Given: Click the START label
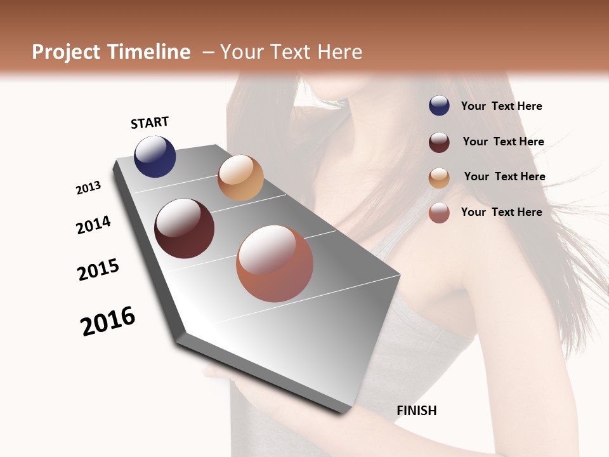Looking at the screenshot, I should (x=150, y=123).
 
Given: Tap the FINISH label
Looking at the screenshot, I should (x=416, y=411).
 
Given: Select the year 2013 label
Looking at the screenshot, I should (x=88, y=187).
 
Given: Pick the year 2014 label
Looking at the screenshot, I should (x=93, y=225).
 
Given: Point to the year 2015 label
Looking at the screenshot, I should (x=98, y=270).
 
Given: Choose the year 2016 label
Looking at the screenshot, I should (x=108, y=321).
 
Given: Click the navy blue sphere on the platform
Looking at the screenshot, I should (x=155, y=156).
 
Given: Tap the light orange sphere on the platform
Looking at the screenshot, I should (x=240, y=178).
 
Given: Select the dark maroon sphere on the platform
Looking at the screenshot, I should (x=184, y=228).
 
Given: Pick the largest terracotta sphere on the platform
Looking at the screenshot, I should (x=275, y=263).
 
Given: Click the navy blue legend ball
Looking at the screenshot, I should (x=439, y=105).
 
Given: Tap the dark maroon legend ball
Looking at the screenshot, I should (x=439, y=142).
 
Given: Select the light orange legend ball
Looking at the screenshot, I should (x=439, y=178).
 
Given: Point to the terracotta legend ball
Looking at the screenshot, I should (x=439, y=213).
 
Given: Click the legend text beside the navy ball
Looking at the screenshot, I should (x=501, y=106).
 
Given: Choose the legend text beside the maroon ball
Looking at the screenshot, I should (x=503, y=142).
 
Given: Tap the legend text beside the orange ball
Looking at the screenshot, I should (x=504, y=176).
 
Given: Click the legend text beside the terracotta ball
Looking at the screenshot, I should (x=501, y=212).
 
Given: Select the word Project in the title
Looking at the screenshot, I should (x=67, y=52).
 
